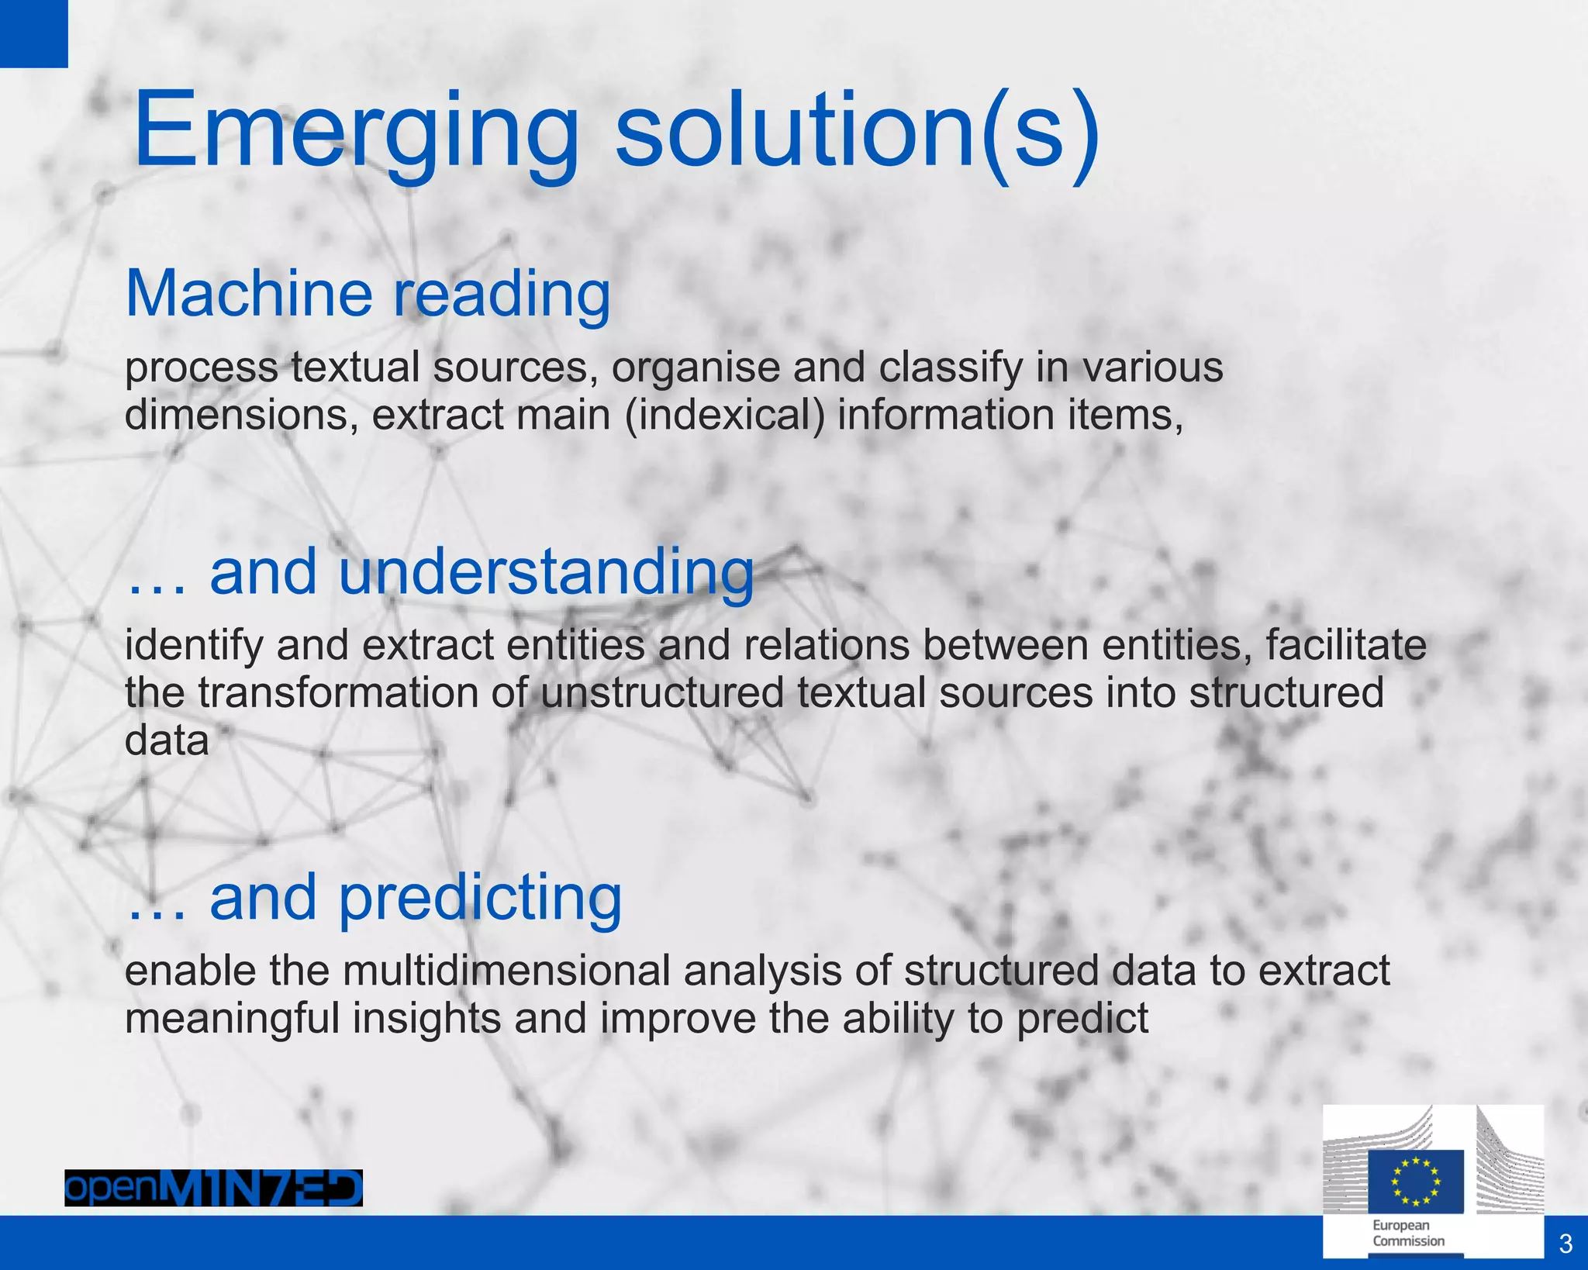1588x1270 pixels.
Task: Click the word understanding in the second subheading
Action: (x=546, y=571)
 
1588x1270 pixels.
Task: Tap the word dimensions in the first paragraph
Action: (x=241, y=415)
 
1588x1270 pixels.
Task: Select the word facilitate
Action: (x=1346, y=644)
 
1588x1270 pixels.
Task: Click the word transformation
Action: (x=338, y=692)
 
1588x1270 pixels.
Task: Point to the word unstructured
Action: (x=662, y=692)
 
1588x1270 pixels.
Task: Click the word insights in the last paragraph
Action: (x=426, y=1018)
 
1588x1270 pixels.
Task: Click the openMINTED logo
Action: (x=213, y=1188)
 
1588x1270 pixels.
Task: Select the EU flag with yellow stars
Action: (x=1415, y=1181)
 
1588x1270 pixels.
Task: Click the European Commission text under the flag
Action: (x=1408, y=1233)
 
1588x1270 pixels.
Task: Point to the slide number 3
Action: (x=1566, y=1244)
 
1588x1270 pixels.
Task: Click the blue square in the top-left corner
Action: (x=33, y=33)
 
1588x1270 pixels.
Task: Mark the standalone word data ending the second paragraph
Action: (x=167, y=740)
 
